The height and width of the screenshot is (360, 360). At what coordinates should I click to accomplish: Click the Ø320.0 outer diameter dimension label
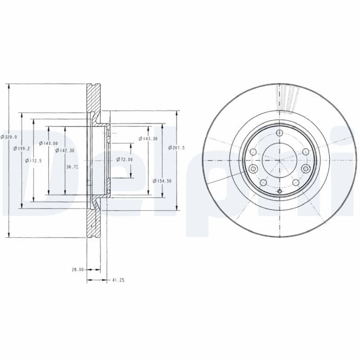point(9,137)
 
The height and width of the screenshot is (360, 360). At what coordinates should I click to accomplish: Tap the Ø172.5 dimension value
point(33,160)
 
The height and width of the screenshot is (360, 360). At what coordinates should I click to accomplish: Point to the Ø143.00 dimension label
point(48,143)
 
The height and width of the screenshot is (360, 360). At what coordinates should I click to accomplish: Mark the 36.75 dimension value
point(72,166)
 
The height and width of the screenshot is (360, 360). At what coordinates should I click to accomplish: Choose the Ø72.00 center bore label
point(124,159)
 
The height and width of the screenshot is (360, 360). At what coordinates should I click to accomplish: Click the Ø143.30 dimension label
point(148,139)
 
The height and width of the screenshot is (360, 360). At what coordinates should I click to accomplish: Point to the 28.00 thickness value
point(77,270)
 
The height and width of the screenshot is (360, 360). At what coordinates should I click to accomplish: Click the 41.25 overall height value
point(118,280)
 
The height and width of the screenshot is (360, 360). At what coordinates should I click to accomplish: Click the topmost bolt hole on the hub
point(279,133)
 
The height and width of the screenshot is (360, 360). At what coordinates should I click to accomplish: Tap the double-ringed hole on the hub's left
point(252,169)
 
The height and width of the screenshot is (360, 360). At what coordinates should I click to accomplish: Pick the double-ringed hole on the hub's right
point(306,169)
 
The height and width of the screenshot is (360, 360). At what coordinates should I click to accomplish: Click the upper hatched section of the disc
point(93,99)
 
